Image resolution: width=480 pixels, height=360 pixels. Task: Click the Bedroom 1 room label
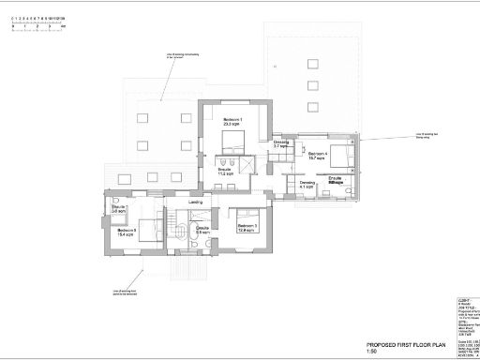pos(232,122)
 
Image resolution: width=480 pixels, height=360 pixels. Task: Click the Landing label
pos(197,202)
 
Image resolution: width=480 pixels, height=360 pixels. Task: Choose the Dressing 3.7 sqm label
pos(280,144)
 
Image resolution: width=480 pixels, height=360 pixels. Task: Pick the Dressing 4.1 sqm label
pos(307,185)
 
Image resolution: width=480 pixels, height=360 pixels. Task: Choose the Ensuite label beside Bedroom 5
pos(118,208)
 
